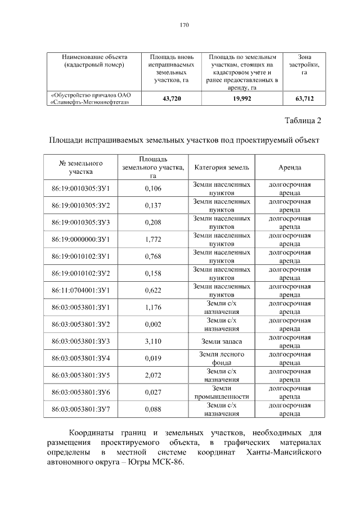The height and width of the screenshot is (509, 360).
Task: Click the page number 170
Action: pos(183,25)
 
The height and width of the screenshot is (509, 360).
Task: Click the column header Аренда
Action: pos(289,168)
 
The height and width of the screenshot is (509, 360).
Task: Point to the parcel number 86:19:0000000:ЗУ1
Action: pos(80,239)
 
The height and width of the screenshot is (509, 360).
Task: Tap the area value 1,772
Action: pos(153,239)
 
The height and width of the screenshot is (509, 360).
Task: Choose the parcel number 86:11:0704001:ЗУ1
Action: pos(80,290)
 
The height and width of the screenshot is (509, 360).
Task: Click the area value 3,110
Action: pos(153,341)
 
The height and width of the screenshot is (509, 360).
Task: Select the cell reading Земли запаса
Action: pos(221,341)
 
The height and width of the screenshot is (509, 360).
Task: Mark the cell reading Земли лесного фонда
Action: pos(221,358)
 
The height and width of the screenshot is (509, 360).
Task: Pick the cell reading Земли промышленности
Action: pos(221,392)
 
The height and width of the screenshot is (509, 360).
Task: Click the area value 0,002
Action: pos(153,325)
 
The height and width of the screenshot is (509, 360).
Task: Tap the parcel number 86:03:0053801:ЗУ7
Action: pos(80,409)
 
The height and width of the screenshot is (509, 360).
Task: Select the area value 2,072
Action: pos(153,375)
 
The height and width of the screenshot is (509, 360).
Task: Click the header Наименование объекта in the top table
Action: pos(95,57)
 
